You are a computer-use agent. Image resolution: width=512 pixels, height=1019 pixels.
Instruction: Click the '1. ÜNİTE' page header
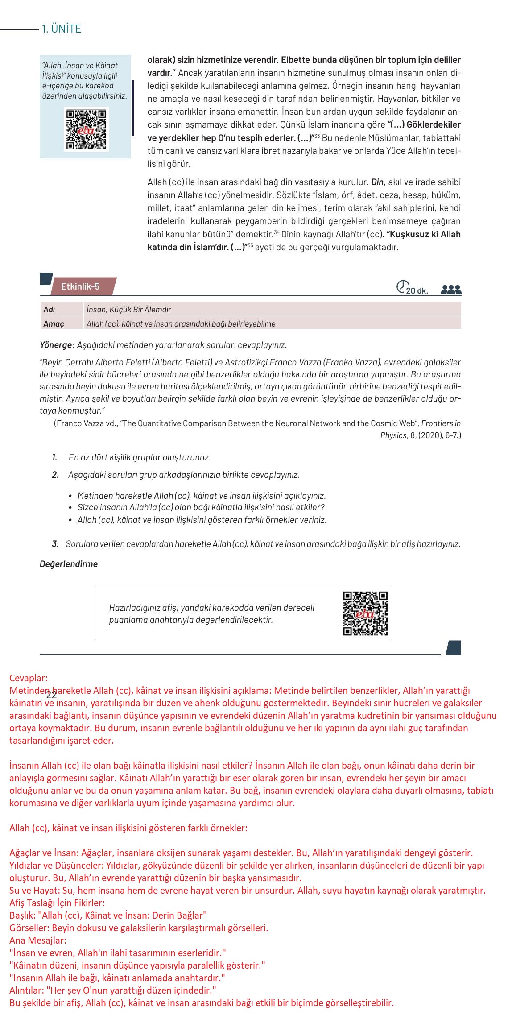[x=61, y=29]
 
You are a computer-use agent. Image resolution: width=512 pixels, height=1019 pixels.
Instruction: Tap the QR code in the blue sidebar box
[x=86, y=129]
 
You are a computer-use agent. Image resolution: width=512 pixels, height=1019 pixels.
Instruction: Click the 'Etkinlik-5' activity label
[x=80, y=286]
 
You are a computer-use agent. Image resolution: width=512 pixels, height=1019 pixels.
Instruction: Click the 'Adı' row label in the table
[x=49, y=309]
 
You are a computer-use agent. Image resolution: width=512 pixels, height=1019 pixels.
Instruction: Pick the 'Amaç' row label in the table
[x=54, y=324]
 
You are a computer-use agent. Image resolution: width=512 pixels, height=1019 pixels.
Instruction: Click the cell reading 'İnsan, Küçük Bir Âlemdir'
[x=129, y=309]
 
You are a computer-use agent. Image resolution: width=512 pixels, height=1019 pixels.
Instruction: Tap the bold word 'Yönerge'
[x=56, y=345]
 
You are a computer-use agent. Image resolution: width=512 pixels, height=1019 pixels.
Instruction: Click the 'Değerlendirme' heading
[x=69, y=564]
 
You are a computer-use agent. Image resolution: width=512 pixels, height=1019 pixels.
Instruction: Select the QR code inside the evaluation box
[x=365, y=613]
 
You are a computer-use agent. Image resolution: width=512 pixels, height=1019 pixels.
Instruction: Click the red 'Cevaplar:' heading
[x=28, y=678]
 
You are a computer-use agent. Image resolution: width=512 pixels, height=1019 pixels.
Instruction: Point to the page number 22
[x=51, y=695]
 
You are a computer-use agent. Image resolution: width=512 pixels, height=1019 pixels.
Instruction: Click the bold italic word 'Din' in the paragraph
[x=377, y=182]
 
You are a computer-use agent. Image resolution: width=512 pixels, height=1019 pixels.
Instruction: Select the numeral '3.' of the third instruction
[x=55, y=544]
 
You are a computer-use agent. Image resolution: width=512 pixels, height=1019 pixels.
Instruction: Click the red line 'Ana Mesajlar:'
[x=38, y=940]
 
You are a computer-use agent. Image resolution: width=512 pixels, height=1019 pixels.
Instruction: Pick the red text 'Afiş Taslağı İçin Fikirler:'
[x=57, y=903]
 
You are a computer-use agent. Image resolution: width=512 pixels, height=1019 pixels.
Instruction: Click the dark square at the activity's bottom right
[x=453, y=648]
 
